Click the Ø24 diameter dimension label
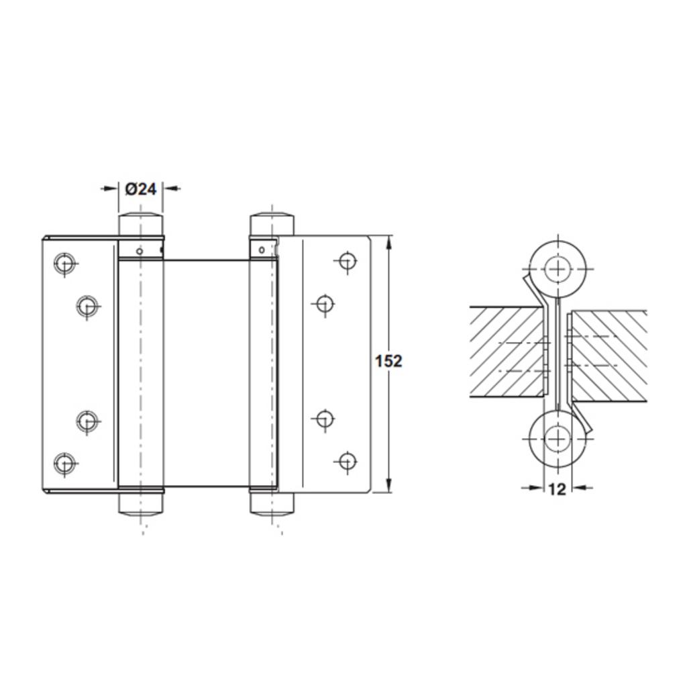coord(140,189)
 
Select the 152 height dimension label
coord(388,361)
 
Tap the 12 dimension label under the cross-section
coord(557,489)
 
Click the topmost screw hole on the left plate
coord(64,262)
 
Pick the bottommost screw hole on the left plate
coord(64,463)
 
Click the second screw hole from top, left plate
coord(87,307)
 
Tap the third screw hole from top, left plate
coord(87,421)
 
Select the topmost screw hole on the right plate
coord(346,261)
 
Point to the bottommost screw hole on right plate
coord(346,461)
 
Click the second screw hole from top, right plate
coord(324,304)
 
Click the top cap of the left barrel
coord(141,224)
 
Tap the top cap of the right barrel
coord(272,224)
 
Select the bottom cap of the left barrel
coord(141,503)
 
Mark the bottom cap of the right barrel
coord(272,503)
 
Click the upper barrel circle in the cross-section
coord(556,269)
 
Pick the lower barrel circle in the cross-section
coord(556,439)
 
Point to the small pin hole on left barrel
coord(139,252)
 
